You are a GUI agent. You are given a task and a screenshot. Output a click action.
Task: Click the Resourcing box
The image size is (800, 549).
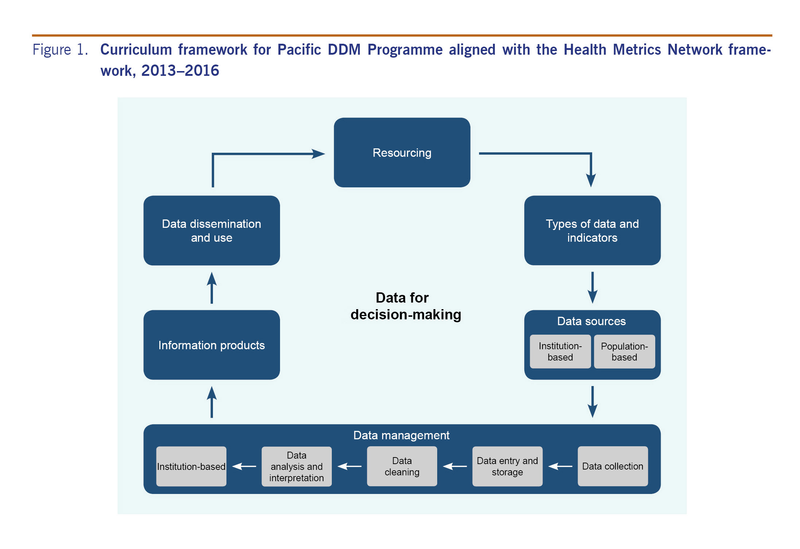pos(402,152)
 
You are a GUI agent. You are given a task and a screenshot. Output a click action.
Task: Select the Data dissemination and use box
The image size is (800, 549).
pos(211,230)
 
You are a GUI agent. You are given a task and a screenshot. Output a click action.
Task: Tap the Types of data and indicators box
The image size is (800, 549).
pos(592,230)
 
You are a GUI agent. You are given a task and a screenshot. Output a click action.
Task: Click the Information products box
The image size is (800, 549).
pos(211,345)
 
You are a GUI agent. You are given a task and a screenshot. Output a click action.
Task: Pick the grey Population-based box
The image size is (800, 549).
pos(624,351)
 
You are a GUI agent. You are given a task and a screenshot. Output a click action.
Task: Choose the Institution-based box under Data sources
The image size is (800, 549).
pos(560,351)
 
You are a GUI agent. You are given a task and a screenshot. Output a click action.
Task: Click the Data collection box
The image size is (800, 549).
pos(613,466)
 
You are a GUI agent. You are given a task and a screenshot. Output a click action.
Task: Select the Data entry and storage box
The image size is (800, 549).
pos(507,466)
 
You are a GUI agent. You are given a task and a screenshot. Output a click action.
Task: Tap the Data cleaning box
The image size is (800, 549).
pos(402,466)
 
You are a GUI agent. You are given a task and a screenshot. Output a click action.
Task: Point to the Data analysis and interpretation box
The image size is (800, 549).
pos(296,466)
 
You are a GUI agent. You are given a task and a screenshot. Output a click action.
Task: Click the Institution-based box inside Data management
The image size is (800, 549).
pos(191,466)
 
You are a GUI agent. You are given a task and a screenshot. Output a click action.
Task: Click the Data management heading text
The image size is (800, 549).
pos(401,435)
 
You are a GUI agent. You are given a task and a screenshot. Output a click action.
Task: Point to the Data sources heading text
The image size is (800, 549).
pos(591,321)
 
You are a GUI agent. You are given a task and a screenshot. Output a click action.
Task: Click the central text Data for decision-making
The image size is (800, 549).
pos(405,306)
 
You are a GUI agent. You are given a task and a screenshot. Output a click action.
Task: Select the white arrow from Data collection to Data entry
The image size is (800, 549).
pos(560,466)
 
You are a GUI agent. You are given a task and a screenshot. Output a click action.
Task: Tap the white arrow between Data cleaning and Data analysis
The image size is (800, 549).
pos(349,466)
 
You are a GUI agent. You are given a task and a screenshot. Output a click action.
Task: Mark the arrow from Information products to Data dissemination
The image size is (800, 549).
pos(212,288)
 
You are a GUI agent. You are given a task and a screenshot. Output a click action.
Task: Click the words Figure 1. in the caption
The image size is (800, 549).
pos(60,50)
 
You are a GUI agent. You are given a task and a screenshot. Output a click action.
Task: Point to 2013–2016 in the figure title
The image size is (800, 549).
pos(180,71)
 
